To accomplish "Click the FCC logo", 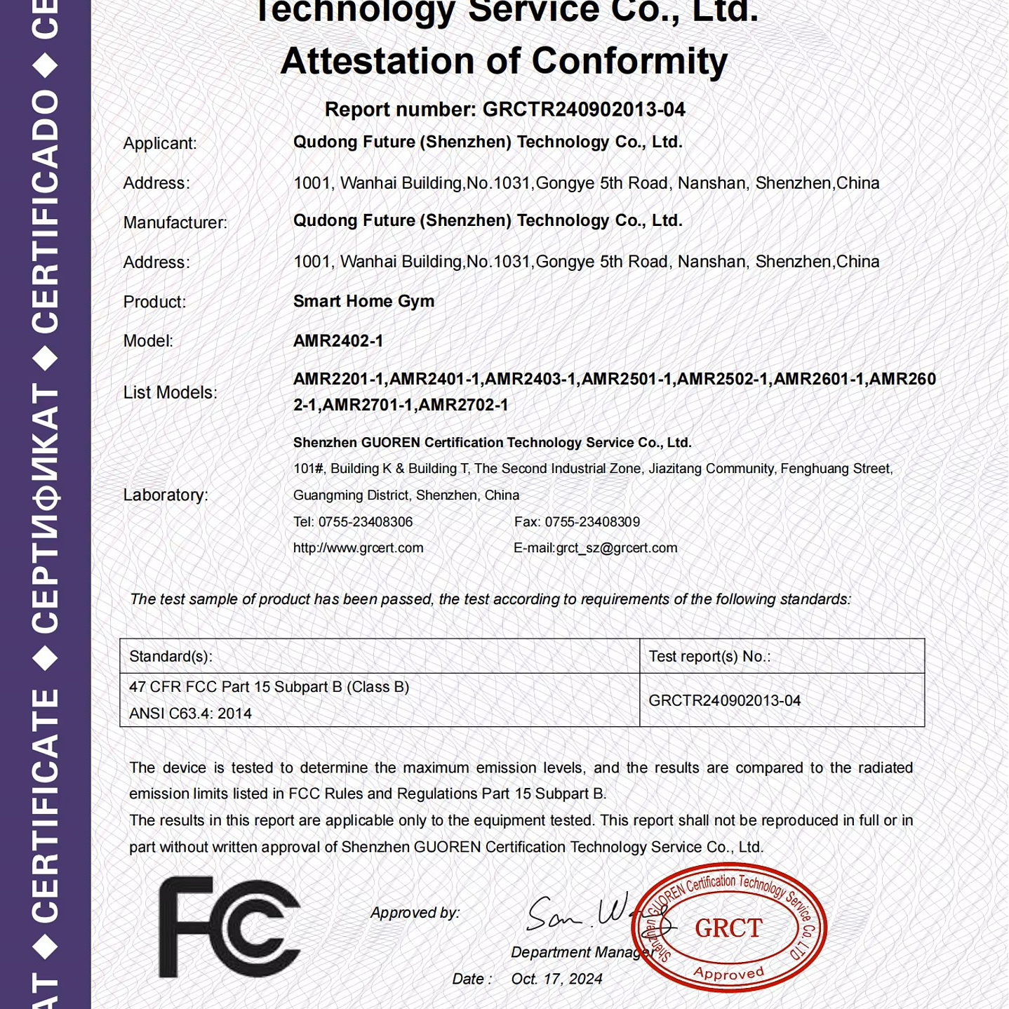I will coord(229,927).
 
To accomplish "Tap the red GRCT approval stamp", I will coord(729,928).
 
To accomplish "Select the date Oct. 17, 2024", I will coord(556,979).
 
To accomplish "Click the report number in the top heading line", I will coord(584,109).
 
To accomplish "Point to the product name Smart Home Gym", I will coord(363,301).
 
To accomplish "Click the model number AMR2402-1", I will coord(338,341).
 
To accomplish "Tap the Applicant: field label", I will coord(160,143).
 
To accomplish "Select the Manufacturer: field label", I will coord(175,222).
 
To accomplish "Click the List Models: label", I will coord(171,392).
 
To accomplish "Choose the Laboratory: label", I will coord(166,495).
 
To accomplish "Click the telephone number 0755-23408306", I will coord(365,522).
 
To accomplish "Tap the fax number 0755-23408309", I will coord(592,522).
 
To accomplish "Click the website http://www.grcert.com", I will coord(358,548).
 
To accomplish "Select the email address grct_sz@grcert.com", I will coord(617,548).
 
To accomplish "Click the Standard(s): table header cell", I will coord(171,656).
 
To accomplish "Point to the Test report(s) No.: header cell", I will coord(709,656).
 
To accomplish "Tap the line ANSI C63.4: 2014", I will coord(190,714).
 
